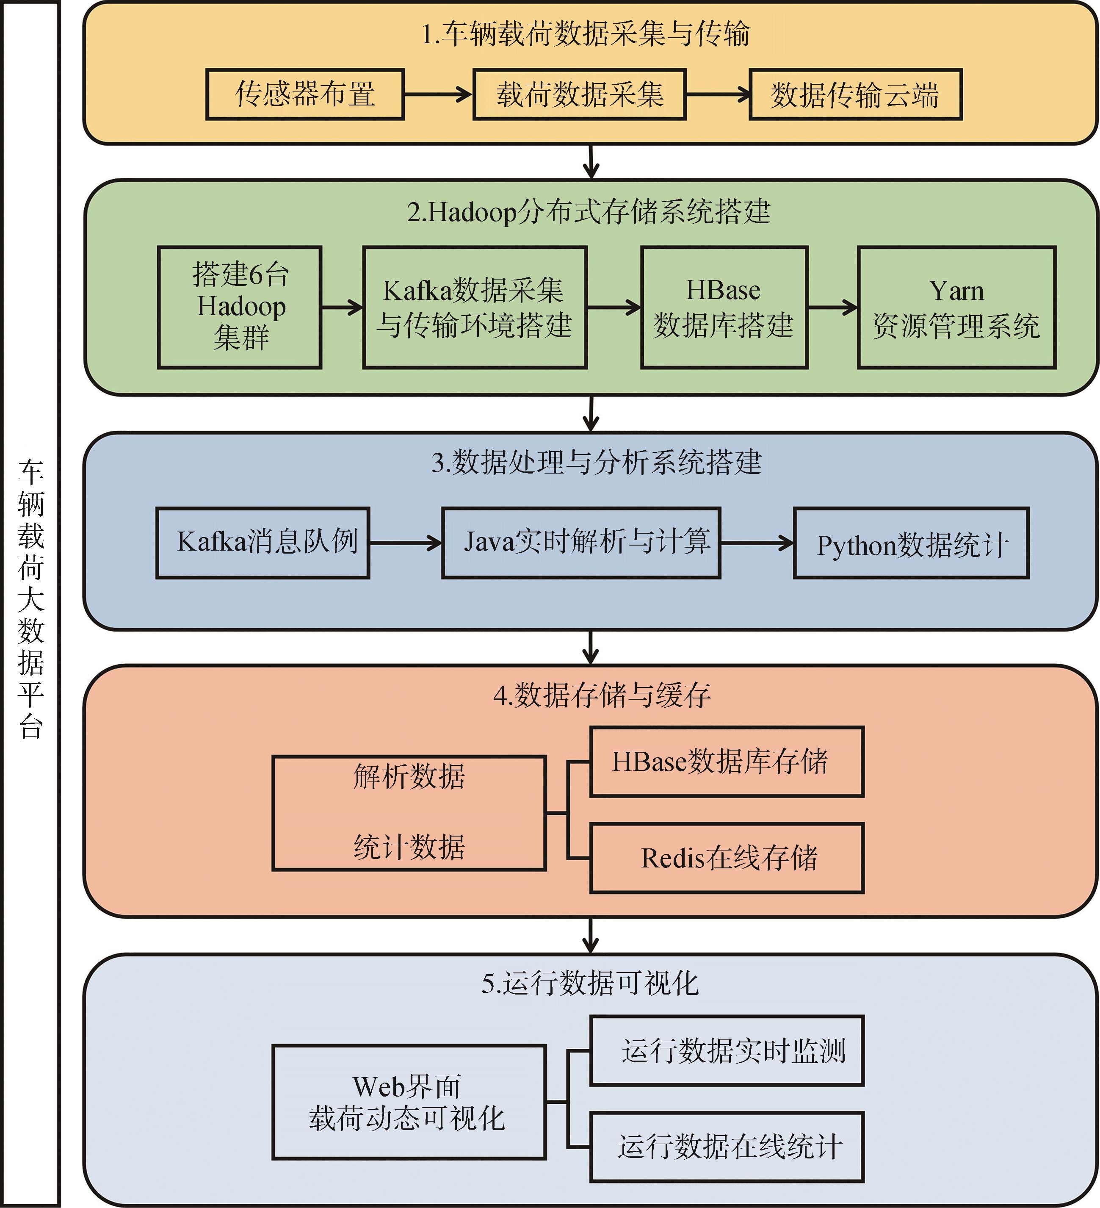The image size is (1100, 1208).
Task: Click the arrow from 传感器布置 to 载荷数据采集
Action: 438,94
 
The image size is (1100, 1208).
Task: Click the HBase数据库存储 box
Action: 727,762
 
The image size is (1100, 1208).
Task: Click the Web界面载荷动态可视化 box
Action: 409,1102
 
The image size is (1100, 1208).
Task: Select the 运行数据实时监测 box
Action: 727,1050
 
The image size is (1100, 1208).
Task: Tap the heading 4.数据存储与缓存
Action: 602,695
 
